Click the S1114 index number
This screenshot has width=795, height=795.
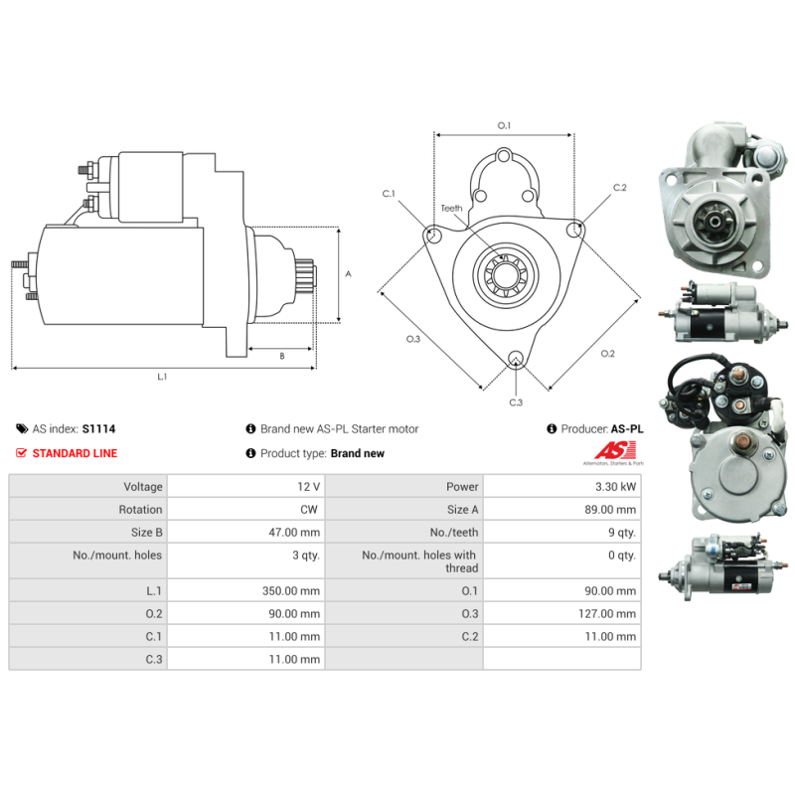pyautogui.click(x=98, y=429)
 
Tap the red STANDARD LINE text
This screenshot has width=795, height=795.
pyautogui.click(x=76, y=453)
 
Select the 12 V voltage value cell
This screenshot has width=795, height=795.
pyautogui.click(x=308, y=487)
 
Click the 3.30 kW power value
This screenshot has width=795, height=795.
pyautogui.click(x=615, y=487)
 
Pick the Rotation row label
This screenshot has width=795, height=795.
pyautogui.click(x=140, y=510)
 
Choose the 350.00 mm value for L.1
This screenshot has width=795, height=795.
pyautogui.click(x=291, y=591)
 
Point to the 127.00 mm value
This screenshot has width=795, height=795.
pyautogui.click(x=607, y=614)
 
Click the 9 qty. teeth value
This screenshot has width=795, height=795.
pyautogui.click(x=622, y=533)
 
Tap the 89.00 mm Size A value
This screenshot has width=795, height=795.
pyautogui.click(x=610, y=510)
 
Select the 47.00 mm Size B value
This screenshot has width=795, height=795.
pyautogui.click(x=294, y=533)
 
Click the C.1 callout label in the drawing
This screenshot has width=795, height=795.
pyautogui.click(x=389, y=193)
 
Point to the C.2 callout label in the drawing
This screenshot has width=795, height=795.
pyautogui.click(x=619, y=187)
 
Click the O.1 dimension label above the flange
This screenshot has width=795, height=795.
pyautogui.click(x=504, y=125)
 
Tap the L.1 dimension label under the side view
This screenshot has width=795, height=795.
pyautogui.click(x=162, y=377)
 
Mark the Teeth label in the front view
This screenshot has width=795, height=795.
pyautogui.click(x=451, y=209)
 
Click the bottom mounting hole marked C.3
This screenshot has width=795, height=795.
pyautogui.click(x=516, y=358)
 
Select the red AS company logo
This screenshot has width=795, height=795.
pyautogui.click(x=615, y=450)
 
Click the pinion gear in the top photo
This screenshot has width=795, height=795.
pyautogui.click(x=715, y=221)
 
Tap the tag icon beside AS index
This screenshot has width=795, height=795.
pyautogui.click(x=22, y=429)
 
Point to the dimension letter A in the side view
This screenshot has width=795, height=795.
pyautogui.click(x=348, y=274)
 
